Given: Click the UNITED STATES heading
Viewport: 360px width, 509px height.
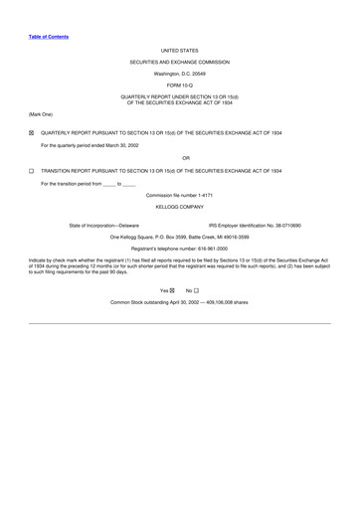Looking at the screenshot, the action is click(x=179, y=49).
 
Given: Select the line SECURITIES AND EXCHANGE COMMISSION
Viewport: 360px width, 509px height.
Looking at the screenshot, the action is click(x=179, y=62).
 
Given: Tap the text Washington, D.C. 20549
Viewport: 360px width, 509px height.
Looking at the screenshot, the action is click(x=179, y=74).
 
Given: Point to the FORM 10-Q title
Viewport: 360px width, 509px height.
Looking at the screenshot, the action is click(x=179, y=85).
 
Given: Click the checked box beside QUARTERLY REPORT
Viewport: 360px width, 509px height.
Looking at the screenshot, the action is click(x=32, y=133).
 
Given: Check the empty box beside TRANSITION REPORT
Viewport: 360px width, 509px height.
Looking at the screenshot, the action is click(x=32, y=171).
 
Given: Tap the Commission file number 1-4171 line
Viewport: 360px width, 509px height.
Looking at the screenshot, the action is click(x=179, y=195).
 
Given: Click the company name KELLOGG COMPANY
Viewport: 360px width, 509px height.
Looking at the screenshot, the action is click(x=179, y=207).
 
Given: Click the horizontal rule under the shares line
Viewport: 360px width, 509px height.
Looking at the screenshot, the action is click(x=179, y=322).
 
